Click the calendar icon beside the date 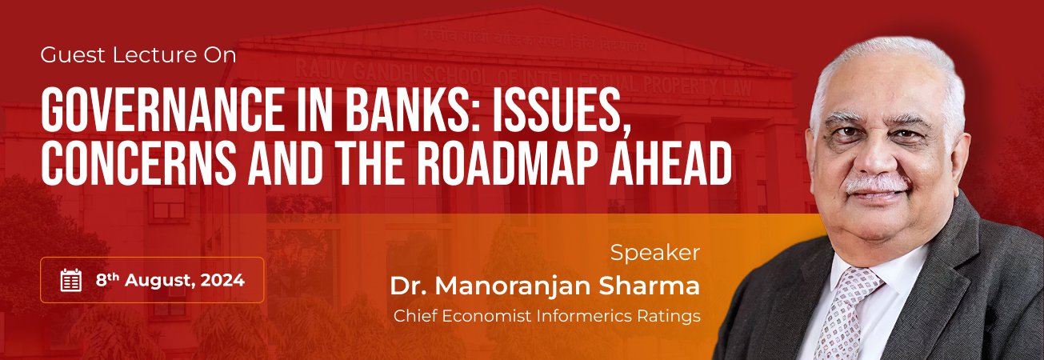point(71,280)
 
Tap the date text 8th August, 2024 point(170,280)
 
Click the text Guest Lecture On point(138,56)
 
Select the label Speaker point(654,253)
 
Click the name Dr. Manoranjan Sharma point(545,285)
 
